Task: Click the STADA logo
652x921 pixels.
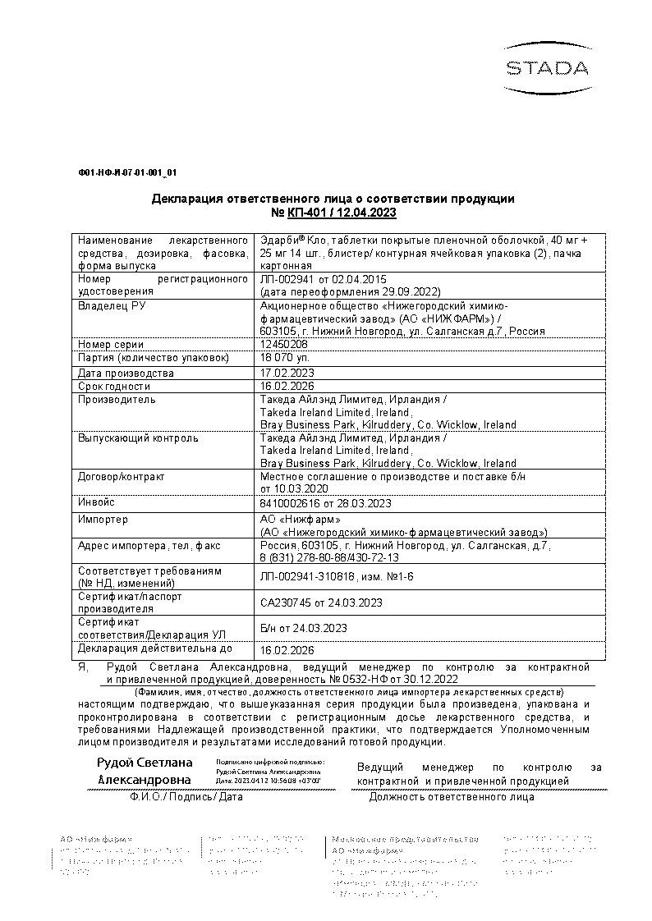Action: point(546,66)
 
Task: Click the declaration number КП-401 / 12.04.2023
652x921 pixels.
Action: point(342,213)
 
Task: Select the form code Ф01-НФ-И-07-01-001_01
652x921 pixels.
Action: point(127,173)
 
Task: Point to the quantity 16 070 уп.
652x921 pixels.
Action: point(284,358)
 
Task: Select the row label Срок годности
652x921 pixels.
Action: point(114,386)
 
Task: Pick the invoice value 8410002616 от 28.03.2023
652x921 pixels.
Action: point(325,503)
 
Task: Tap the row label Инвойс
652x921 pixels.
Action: point(96,502)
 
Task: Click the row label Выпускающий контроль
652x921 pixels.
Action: point(138,438)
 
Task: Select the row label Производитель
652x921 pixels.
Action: point(117,400)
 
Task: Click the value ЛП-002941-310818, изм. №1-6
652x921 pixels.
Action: point(337,577)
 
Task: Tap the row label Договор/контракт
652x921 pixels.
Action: point(122,476)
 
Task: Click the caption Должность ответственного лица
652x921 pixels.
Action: point(452,796)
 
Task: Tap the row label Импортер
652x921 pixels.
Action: point(103,520)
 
